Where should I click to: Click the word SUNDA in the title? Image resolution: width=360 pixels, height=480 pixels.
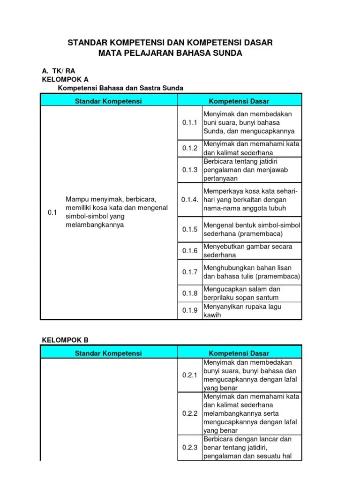point(227,53)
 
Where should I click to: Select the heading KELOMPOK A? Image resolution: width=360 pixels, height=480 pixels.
point(65,79)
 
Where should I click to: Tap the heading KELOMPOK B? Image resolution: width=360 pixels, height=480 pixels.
point(65,340)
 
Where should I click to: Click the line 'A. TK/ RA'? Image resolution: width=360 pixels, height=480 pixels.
point(59,71)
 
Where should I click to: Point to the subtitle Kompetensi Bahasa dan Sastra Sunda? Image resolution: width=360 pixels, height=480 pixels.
point(120,88)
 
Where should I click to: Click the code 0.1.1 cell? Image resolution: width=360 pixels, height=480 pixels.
point(190,123)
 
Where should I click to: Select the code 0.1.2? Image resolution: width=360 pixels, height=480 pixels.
point(190,149)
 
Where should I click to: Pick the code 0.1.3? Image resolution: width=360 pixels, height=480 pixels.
point(190,170)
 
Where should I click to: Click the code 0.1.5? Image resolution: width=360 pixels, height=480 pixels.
point(190,229)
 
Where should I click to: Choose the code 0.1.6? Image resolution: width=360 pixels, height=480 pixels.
point(190,251)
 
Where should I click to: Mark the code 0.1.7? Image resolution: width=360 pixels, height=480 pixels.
point(190,272)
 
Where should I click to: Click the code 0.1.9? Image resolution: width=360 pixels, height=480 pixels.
point(190,310)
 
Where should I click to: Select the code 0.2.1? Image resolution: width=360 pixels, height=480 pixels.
point(190,375)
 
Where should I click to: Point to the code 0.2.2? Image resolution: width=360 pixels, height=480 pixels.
point(190,413)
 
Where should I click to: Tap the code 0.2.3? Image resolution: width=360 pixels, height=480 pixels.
point(190,448)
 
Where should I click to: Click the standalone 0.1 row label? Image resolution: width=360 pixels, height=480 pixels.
point(52,212)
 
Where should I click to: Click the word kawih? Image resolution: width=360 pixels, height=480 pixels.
point(211,315)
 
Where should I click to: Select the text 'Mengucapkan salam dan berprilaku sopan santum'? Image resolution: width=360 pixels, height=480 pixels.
point(241,293)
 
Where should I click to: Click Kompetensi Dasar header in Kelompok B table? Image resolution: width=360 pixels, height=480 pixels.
point(239,353)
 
